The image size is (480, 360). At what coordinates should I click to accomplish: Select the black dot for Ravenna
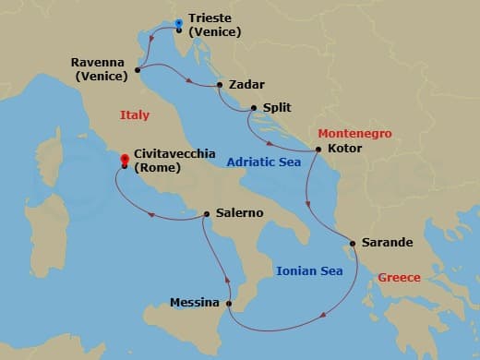coord(138,69)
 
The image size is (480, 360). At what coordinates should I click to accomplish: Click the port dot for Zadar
coord(220,85)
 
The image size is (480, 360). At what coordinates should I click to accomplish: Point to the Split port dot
coord(251,108)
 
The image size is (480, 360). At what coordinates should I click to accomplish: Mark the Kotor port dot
coord(318,149)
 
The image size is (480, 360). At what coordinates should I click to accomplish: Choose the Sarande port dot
coord(350,244)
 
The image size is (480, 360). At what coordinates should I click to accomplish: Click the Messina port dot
coord(229,303)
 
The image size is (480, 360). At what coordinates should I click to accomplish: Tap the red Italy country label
coord(135,114)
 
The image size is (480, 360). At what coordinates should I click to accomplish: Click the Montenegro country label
coord(354,134)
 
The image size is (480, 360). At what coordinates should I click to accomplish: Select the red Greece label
coord(399,277)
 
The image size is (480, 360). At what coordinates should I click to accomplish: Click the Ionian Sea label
coord(309,270)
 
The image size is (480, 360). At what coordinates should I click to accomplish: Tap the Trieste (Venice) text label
coord(214,25)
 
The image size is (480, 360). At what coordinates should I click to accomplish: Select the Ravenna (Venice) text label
coord(98,69)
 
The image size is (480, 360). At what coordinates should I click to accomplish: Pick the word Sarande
coord(386,244)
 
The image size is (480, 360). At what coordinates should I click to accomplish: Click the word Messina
coord(195,303)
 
